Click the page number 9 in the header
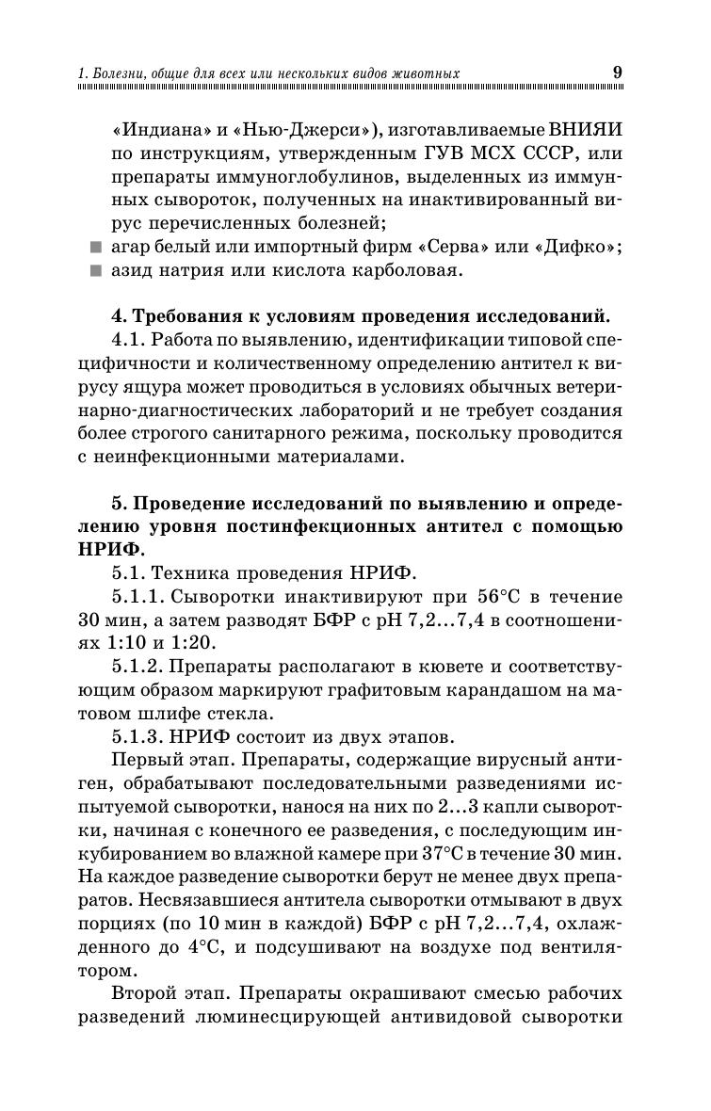[x=617, y=71]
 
